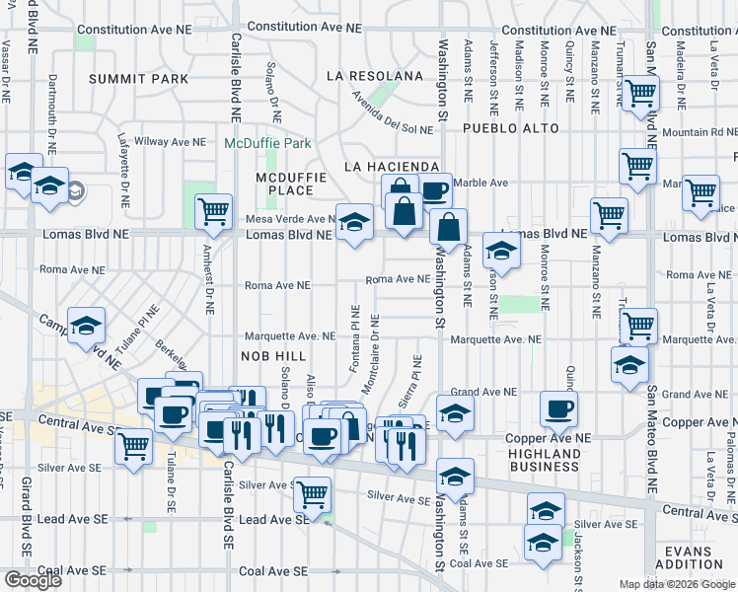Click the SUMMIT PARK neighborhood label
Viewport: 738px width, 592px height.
click(x=151, y=78)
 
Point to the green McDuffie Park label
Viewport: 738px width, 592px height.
click(x=267, y=143)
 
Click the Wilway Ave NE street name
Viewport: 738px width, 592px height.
click(x=170, y=141)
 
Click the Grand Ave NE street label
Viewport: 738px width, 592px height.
click(x=483, y=393)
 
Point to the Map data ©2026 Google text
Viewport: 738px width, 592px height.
click(x=676, y=584)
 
